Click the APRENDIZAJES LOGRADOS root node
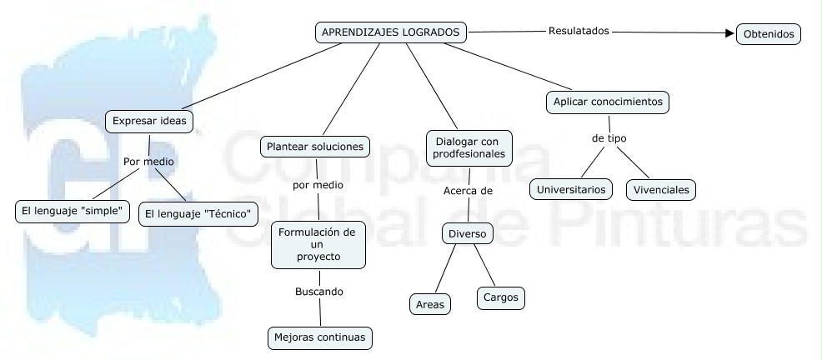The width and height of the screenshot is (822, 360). (x=391, y=32)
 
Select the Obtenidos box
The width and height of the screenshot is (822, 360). (x=769, y=34)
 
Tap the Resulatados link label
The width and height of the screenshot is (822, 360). (x=579, y=31)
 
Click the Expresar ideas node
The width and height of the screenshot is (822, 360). (x=150, y=122)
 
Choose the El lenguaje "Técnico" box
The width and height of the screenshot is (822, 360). (x=198, y=213)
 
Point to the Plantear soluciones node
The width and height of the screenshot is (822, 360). (x=315, y=147)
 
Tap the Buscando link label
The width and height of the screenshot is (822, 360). (x=319, y=292)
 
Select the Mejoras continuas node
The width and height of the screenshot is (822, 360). (x=320, y=338)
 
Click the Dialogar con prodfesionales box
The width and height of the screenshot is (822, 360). (x=469, y=148)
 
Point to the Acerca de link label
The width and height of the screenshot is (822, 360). (x=468, y=191)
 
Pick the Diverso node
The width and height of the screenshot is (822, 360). (x=467, y=234)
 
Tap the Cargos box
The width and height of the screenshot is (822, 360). (x=500, y=297)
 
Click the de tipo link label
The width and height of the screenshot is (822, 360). (x=609, y=138)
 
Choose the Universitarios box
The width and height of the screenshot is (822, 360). (x=572, y=190)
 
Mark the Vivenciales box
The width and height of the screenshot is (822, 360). (x=661, y=190)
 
